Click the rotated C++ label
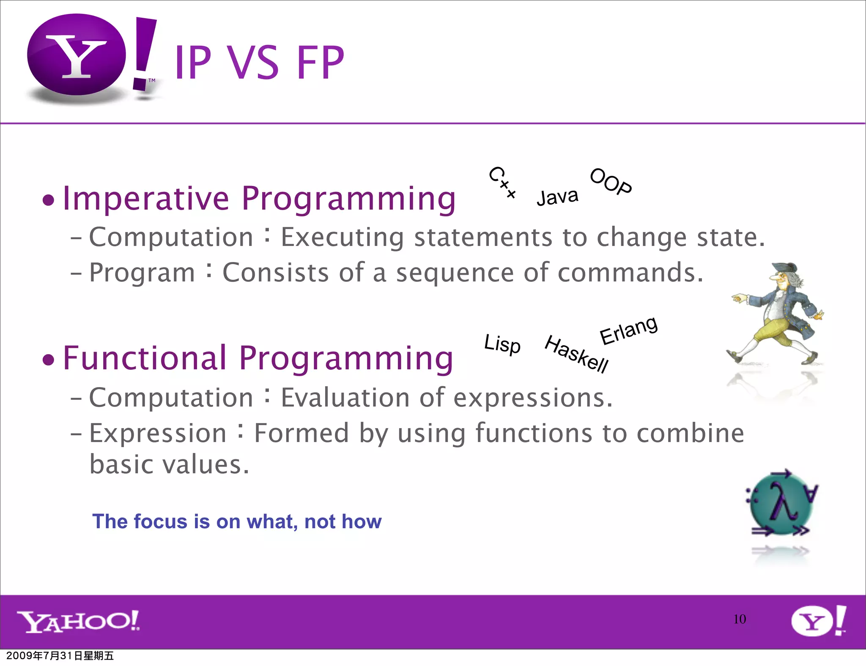coord(502,182)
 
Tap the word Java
coord(557,197)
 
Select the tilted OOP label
coord(611,181)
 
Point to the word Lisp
coord(502,344)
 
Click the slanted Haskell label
coord(576,354)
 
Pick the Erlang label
coord(628,330)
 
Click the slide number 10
coord(739,619)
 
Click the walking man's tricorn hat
coord(784,269)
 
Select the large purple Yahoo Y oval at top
coord(77,55)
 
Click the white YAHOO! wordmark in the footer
coord(79,621)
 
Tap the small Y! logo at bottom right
coord(818,621)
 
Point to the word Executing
coord(342,237)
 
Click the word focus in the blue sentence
coord(159,521)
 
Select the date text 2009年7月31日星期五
coord(60,656)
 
